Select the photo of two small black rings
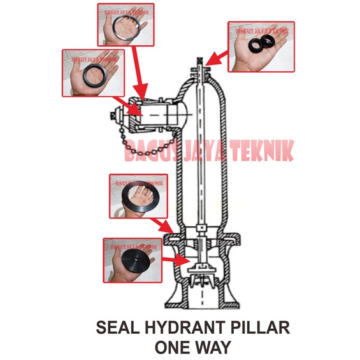(x=261, y=47)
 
